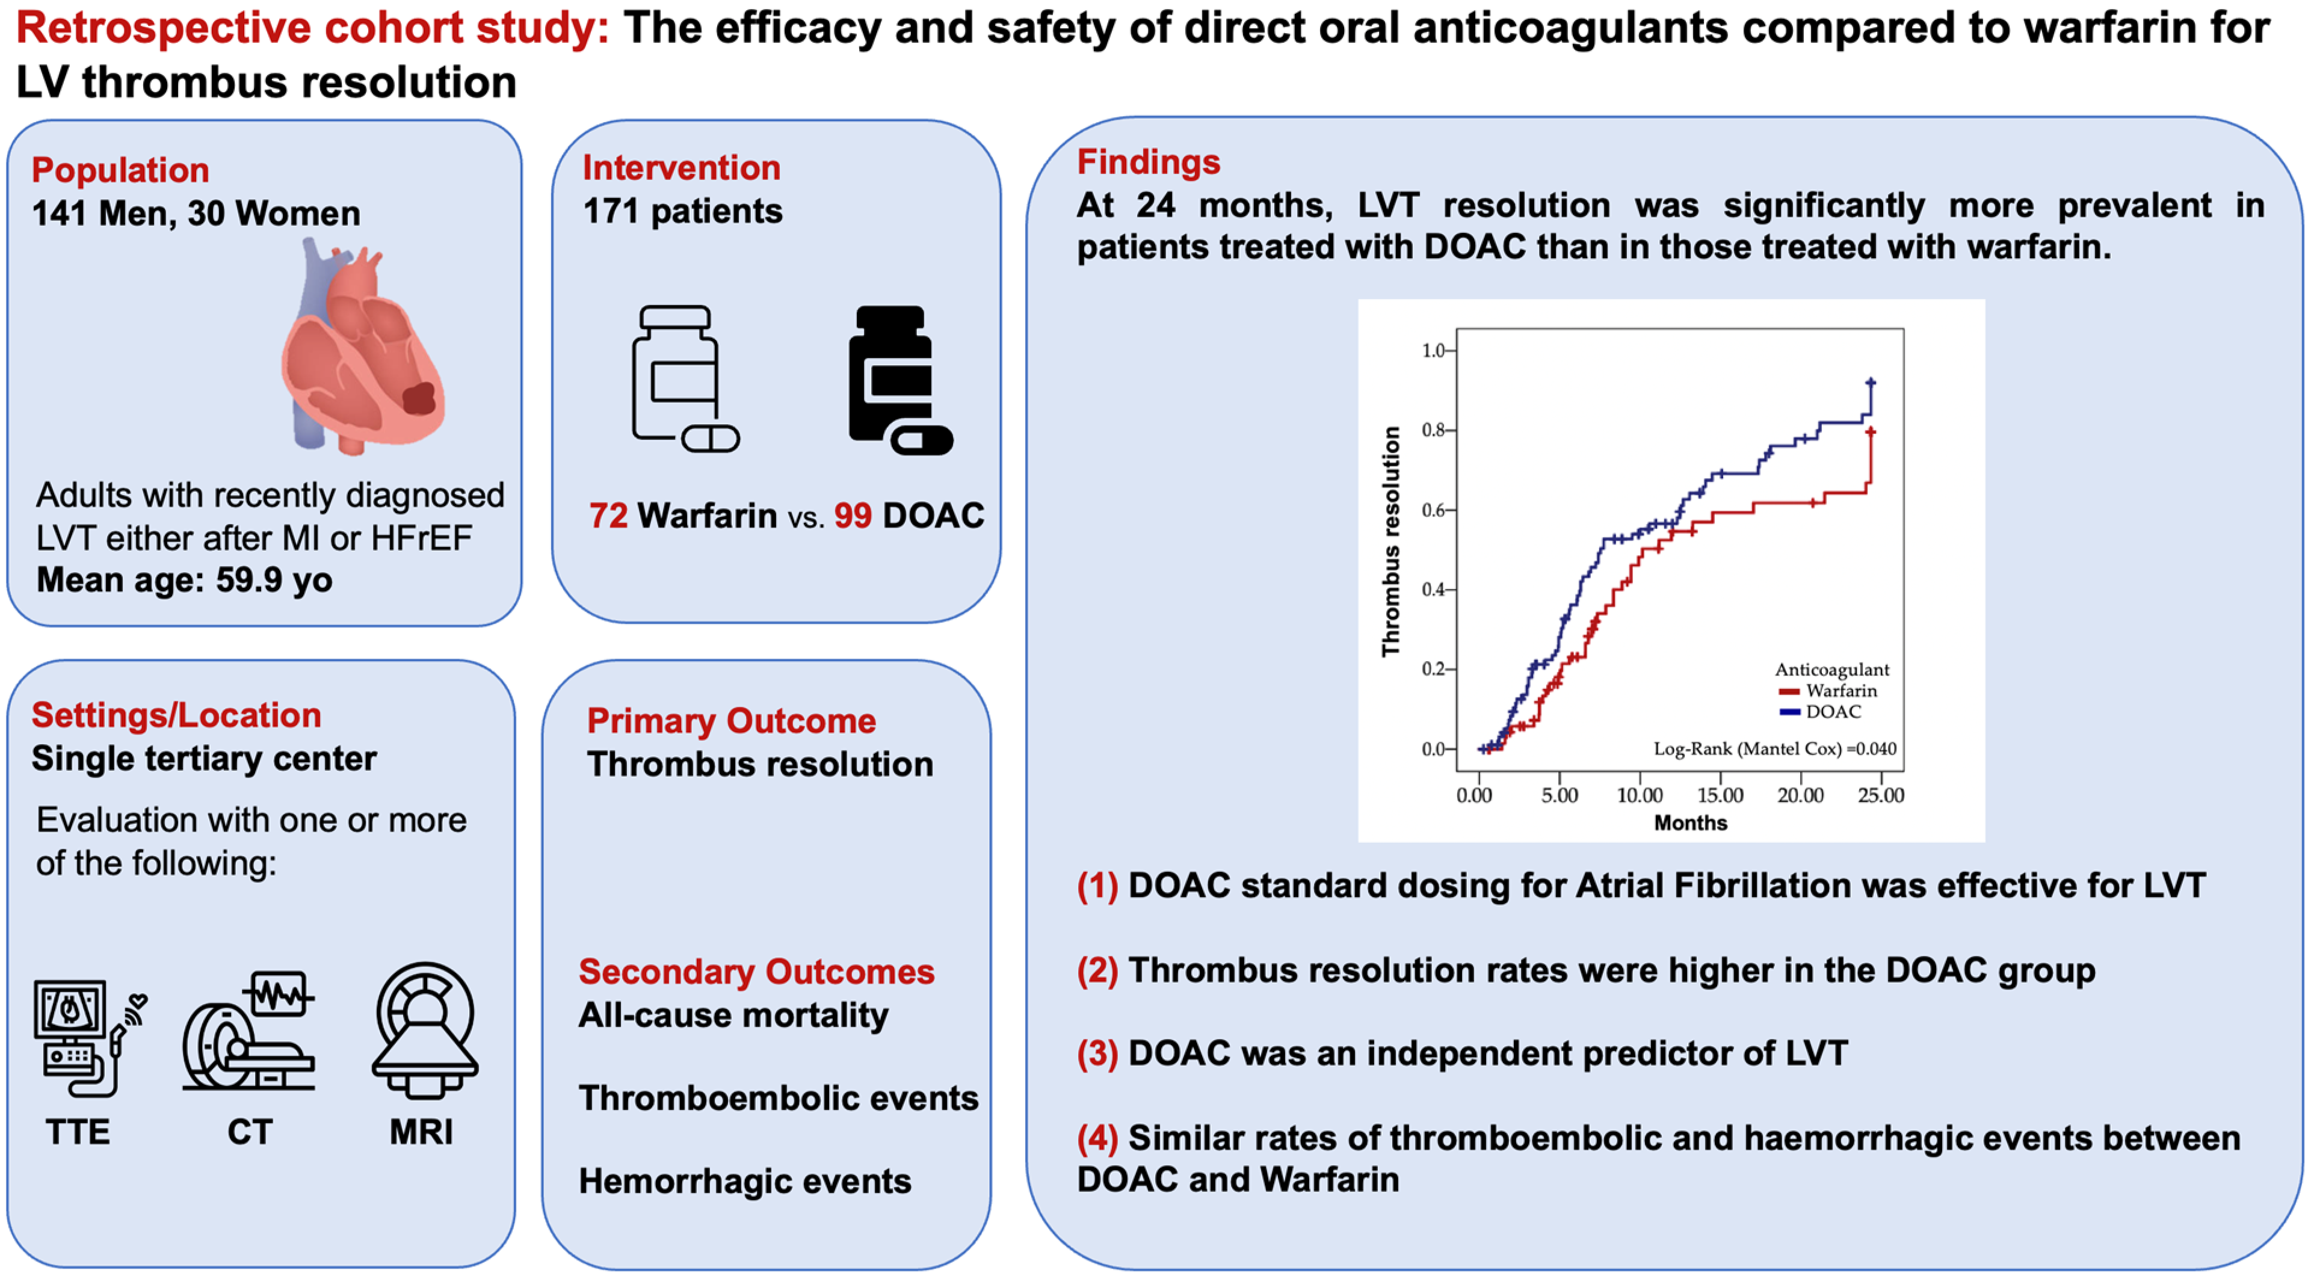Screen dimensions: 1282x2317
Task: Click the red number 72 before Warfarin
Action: pyautogui.click(x=608, y=516)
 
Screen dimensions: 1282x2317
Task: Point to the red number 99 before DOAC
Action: pyautogui.click(x=853, y=516)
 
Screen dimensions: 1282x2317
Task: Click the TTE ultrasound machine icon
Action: pyautogui.click(x=85, y=1037)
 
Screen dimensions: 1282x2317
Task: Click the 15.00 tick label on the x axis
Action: pyautogui.click(x=1720, y=795)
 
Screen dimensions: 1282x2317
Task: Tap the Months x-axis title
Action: pyautogui.click(x=1690, y=822)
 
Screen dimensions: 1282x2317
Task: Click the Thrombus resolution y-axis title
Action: pyautogui.click(x=1390, y=541)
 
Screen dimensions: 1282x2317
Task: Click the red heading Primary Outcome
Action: pyautogui.click(x=731, y=721)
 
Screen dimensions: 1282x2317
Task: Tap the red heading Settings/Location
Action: pyautogui.click(x=176, y=715)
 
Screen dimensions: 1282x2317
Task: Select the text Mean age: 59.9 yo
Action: pyautogui.click(x=184, y=581)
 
